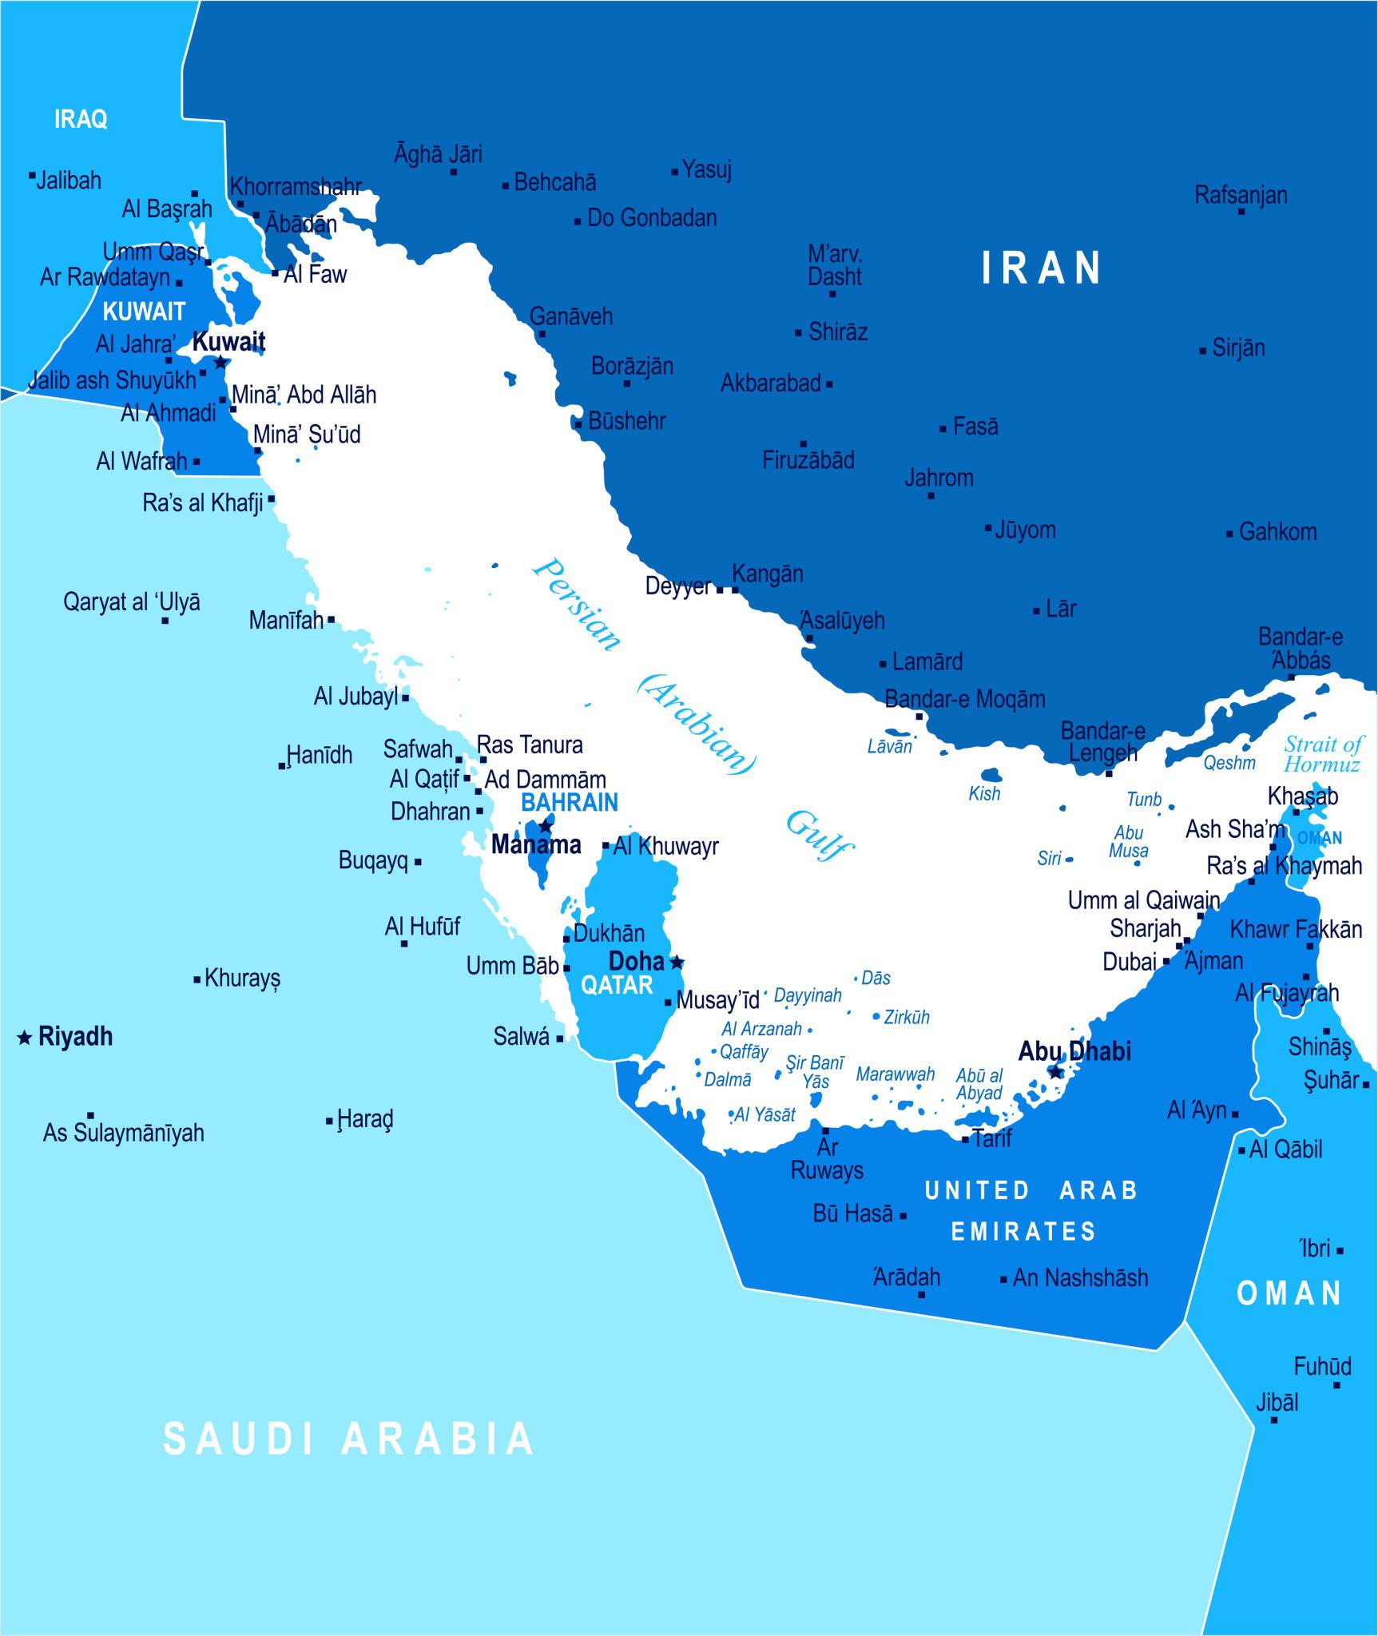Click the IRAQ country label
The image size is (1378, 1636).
click(x=81, y=120)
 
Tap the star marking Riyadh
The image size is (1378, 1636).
click(x=25, y=1038)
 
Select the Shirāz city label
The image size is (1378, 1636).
click(x=837, y=332)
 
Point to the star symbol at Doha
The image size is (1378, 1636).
click(x=677, y=962)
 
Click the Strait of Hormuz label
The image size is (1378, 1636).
click(x=1321, y=754)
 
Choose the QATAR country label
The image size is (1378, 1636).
click(x=617, y=985)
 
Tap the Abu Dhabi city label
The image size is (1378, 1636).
click(x=1074, y=1051)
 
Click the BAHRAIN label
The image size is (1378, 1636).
click(x=570, y=803)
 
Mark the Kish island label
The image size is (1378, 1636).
click(x=983, y=794)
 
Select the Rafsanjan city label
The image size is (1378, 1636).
click(x=1241, y=195)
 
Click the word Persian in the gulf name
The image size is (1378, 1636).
click(x=577, y=604)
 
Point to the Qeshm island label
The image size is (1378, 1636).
click(x=1229, y=763)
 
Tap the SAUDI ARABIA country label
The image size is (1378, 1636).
click(x=348, y=1438)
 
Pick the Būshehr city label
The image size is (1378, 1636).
click(x=626, y=421)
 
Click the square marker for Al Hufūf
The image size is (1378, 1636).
click(x=404, y=944)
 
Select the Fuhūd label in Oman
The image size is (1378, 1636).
click(x=1322, y=1366)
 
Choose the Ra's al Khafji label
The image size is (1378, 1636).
click(x=202, y=503)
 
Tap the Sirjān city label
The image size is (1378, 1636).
click(x=1238, y=348)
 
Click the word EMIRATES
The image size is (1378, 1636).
click(x=1023, y=1231)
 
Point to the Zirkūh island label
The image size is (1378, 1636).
click(x=907, y=1018)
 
